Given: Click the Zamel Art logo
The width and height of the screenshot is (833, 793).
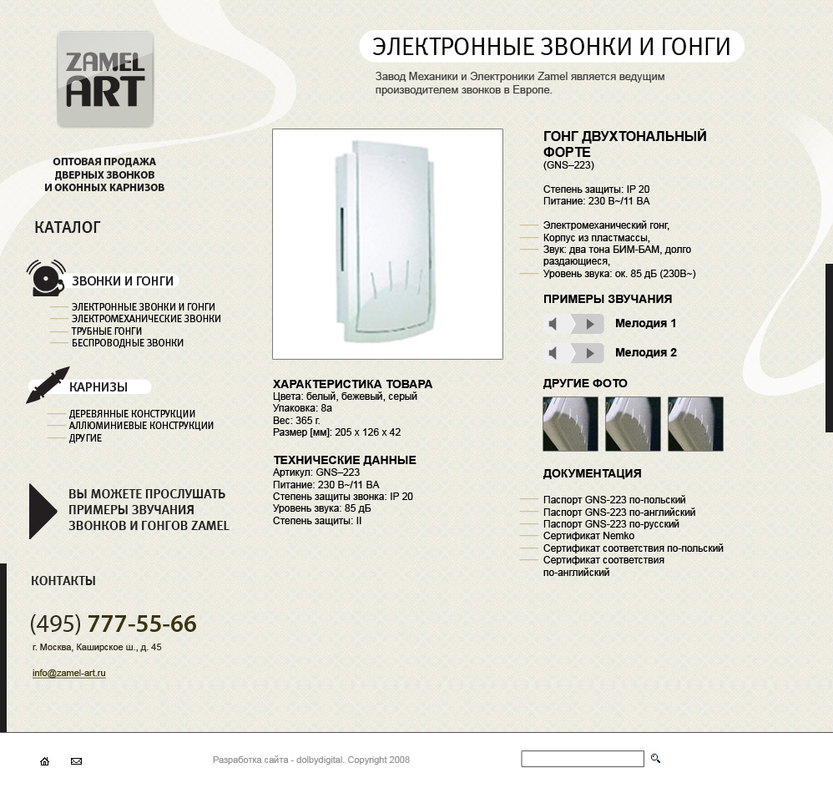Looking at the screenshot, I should click(105, 79).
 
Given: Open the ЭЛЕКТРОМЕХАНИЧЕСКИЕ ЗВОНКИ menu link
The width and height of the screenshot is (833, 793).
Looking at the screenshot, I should click(146, 319).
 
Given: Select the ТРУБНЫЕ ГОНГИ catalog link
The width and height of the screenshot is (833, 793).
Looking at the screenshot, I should click(107, 331).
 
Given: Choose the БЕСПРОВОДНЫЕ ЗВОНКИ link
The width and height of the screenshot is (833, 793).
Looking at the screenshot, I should click(128, 343).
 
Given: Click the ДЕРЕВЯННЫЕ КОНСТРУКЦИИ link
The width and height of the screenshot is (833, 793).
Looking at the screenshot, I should click(132, 414).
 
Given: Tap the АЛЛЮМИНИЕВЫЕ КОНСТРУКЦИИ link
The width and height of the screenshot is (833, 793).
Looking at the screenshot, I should click(141, 426).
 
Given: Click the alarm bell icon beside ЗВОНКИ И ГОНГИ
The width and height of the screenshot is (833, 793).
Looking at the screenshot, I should click(46, 278).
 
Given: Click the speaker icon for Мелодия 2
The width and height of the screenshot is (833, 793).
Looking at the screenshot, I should click(553, 353).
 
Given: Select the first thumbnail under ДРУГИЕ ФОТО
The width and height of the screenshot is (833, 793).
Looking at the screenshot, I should click(571, 424).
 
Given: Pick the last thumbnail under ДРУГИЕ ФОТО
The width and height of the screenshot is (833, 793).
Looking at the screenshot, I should click(695, 424).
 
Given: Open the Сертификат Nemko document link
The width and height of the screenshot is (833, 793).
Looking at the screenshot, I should click(588, 536).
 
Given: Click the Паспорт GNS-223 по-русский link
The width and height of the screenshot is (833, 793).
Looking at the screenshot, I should click(611, 524).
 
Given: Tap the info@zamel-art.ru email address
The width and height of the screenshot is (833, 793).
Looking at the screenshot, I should click(69, 674).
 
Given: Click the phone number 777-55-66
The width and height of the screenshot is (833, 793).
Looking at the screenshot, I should click(142, 624).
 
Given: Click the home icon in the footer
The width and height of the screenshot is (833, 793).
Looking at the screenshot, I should click(45, 761).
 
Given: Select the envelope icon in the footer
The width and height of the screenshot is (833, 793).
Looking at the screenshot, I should click(76, 761).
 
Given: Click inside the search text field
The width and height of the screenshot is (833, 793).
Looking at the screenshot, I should click(583, 759).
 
